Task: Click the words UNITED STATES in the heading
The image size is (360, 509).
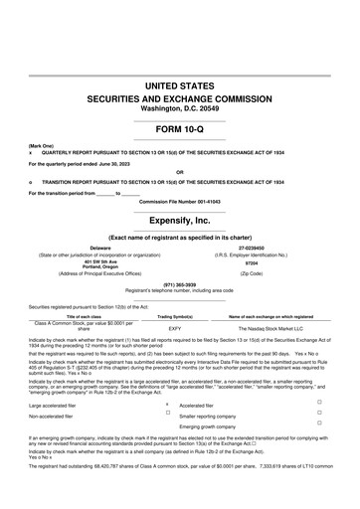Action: (180, 88)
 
